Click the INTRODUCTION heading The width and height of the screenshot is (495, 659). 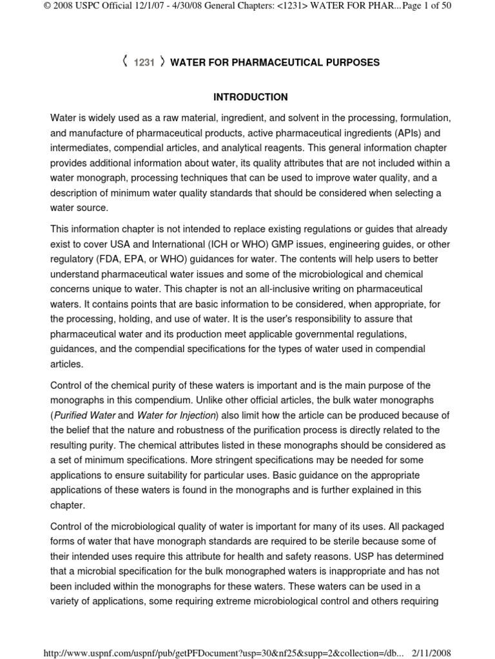click(x=251, y=97)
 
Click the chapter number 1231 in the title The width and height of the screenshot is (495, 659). click(x=144, y=63)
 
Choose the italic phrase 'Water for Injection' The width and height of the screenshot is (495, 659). click(x=176, y=415)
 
